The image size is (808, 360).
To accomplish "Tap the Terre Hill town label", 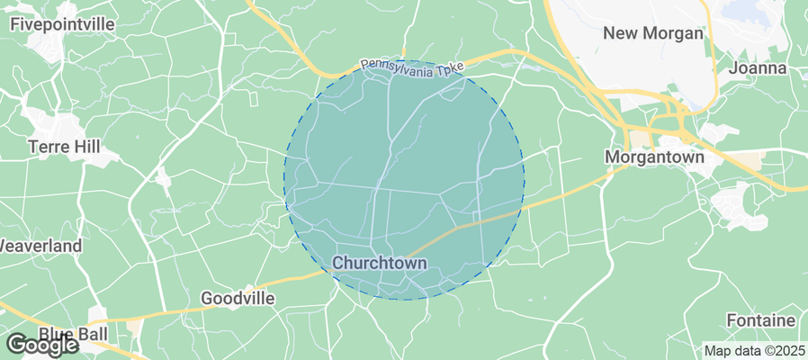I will (x=67, y=145).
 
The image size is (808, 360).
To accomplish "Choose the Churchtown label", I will (x=379, y=262).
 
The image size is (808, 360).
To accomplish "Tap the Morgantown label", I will (x=653, y=156).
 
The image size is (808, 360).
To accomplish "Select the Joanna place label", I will (x=759, y=67).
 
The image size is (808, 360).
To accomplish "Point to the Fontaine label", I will (x=760, y=320).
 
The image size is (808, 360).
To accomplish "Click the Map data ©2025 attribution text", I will (x=753, y=351).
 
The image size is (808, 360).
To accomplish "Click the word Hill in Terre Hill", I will (x=90, y=145).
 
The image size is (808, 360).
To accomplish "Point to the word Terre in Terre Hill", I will (x=49, y=145).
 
